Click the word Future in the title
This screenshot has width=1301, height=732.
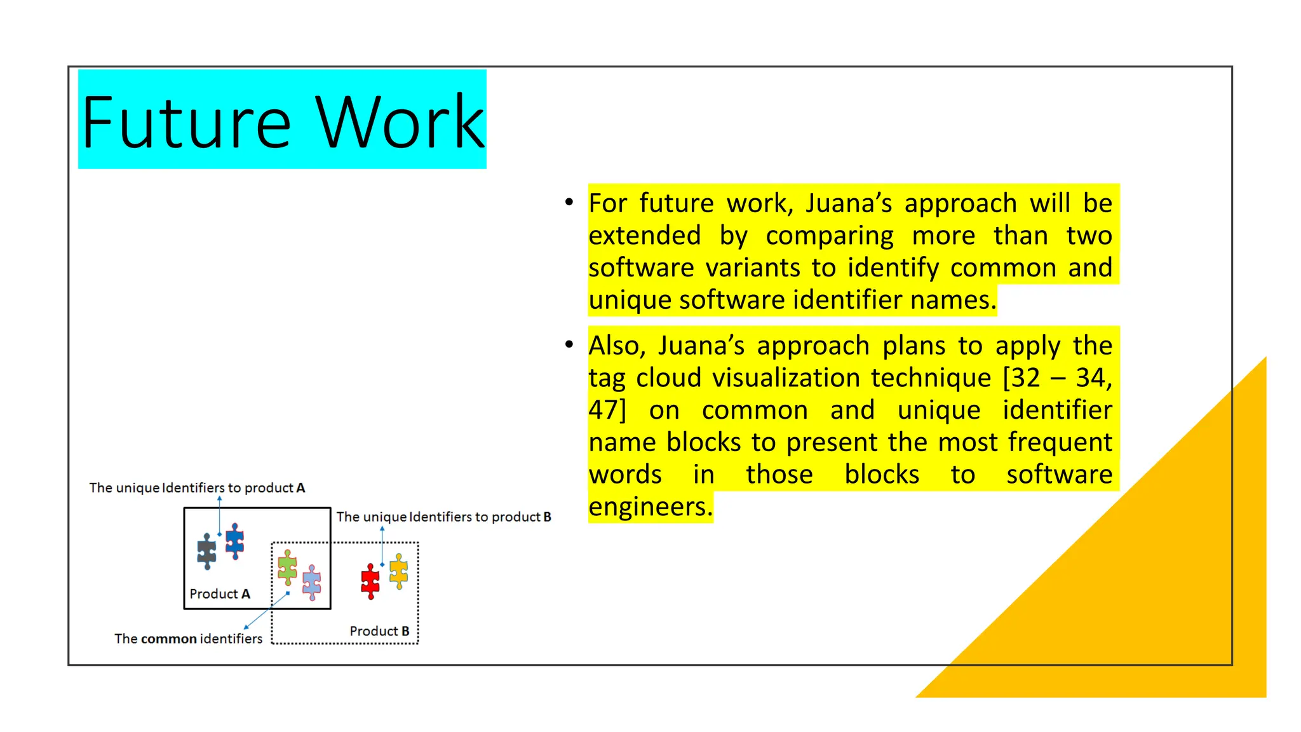point(185,122)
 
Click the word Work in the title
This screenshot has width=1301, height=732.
point(400,122)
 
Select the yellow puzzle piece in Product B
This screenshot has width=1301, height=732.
point(398,571)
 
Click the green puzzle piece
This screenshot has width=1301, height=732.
point(287,567)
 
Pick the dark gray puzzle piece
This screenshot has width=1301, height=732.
point(206,551)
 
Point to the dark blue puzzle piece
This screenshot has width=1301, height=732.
point(235,541)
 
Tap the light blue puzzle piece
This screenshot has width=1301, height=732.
point(312,582)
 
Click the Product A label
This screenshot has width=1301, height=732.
point(220,593)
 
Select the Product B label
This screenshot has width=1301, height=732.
point(379,631)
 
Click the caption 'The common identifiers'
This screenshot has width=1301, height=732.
point(188,639)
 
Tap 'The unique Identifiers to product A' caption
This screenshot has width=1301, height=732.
point(197,488)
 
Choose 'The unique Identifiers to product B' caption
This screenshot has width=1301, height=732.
point(443,517)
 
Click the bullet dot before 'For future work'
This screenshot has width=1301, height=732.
point(569,203)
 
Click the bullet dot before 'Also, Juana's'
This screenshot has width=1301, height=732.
point(569,345)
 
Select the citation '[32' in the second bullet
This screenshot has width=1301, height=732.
point(1021,378)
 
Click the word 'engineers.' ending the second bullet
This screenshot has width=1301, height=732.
point(650,507)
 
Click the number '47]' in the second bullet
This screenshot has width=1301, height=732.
point(607,410)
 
